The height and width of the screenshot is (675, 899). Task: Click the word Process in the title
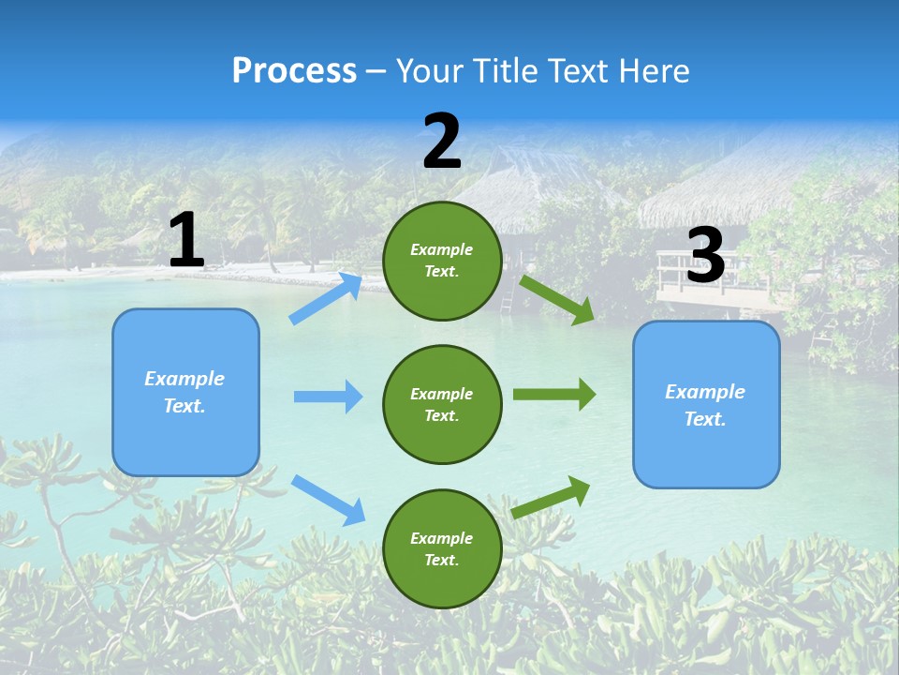pos(294,71)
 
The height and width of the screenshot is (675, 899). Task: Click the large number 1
pos(186,241)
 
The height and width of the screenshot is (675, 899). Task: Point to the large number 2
pos(442,142)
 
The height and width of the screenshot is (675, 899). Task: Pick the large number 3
pos(705,256)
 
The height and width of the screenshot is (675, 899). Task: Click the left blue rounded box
pos(185,392)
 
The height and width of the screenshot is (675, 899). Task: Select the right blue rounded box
pos(706,405)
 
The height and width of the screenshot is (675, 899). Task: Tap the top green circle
pos(442,261)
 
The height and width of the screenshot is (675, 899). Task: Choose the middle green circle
pos(442,404)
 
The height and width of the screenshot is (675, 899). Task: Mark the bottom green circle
pos(442,548)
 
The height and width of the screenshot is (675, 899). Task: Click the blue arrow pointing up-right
pos(326,299)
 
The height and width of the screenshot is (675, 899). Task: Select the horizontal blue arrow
pos(328,397)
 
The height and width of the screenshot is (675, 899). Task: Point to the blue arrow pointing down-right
pos(329,500)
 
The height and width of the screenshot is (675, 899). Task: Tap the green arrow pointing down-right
pos(557,299)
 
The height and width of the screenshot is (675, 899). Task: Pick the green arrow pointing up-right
pos(551,497)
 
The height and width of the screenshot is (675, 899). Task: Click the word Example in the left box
pos(184,379)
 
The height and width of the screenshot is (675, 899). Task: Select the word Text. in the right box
pos(705,419)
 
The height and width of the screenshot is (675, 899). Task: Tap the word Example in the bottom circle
pos(442,538)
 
